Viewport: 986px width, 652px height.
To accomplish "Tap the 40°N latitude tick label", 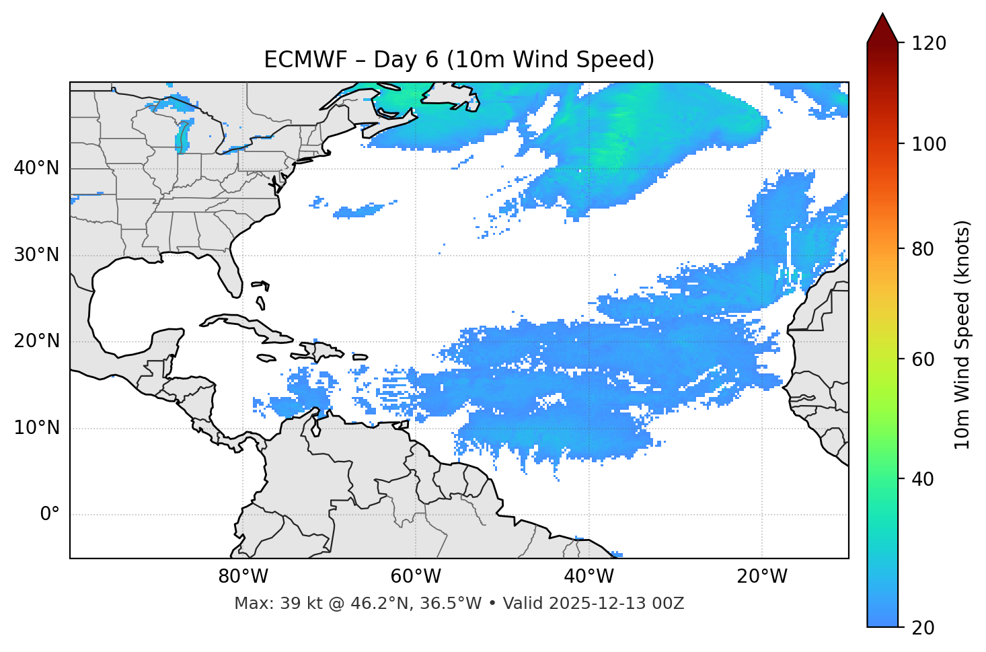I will coord(36,168).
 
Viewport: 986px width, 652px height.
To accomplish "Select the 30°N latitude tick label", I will coord(36,255).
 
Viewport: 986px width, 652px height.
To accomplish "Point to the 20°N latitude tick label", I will coord(36,341).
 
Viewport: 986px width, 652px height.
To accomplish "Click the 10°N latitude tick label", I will coord(36,428).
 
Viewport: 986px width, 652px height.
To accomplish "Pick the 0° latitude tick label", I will coord(50,515).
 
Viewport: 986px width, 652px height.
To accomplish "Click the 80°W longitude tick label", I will coord(243,577).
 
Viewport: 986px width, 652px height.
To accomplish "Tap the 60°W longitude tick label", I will coord(415,577).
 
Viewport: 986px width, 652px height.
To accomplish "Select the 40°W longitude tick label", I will coord(589,577).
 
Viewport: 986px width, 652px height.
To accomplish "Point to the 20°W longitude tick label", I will coord(761,577).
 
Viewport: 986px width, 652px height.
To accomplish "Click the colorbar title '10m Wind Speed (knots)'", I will coord(962,334).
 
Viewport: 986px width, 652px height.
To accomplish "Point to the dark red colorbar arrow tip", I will coord(882,16).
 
